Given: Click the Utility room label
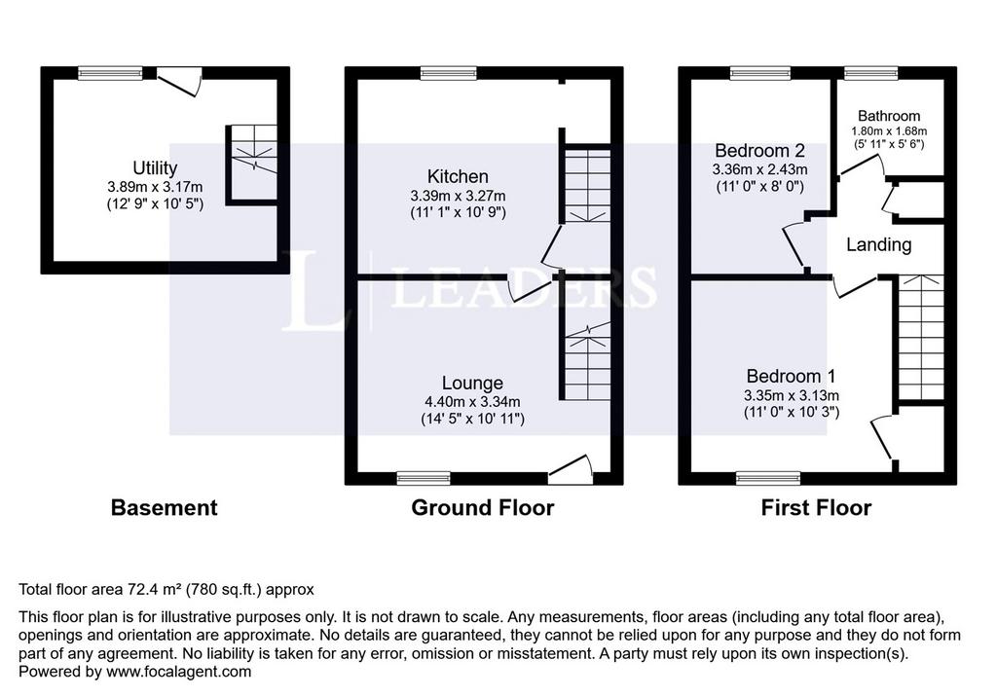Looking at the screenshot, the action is click(x=155, y=167).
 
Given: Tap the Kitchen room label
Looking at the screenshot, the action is click(x=458, y=176).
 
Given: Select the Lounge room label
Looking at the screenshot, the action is click(x=472, y=383).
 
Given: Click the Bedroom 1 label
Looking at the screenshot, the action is click(x=791, y=376).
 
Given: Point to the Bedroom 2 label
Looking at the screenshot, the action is click(x=759, y=151).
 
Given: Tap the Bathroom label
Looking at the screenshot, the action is click(x=889, y=116).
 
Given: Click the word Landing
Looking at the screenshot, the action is click(x=879, y=245).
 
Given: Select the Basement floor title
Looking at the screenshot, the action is click(x=164, y=507).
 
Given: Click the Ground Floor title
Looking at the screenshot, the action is click(x=483, y=507).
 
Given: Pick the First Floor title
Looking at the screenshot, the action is click(x=816, y=507).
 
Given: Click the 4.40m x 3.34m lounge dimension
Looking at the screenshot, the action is click(x=472, y=402).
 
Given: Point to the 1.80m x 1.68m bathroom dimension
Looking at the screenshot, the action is click(x=889, y=131).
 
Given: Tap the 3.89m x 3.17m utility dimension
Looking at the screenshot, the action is click(x=155, y=187).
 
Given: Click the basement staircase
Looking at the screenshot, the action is click(x=253, y=163).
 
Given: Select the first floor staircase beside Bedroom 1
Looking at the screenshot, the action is click(x=920, y=338).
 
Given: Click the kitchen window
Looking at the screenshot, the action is click(x=448, y=73).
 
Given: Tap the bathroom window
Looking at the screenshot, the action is click(x=871, y=73).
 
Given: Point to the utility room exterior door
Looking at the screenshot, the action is click(x=179, y=82).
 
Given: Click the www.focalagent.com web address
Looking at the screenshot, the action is click(x=179, y=672).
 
